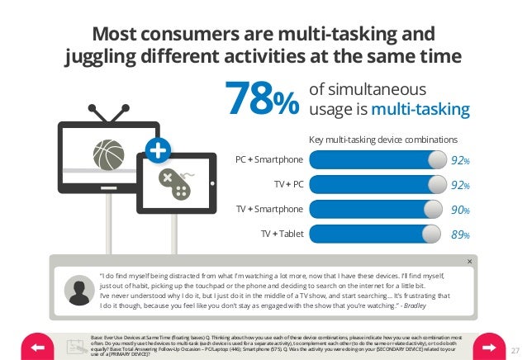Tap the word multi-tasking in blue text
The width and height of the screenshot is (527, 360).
pos(420,110)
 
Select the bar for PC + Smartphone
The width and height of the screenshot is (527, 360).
pos(376,160)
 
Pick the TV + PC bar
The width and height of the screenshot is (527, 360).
pos(376,185)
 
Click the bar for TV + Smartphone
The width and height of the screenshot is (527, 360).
pos(376,210)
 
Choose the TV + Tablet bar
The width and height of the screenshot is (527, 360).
pos(376,234)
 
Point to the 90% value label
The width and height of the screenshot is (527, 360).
pos(460,211)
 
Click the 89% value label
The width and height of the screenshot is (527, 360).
pos(460,235)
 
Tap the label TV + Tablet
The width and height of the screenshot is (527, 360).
pos(282,234)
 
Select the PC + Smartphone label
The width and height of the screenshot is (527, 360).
pos(268,160)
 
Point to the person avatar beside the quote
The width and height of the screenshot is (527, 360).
pos(78,291)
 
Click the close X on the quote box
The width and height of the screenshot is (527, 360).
pos(470,262)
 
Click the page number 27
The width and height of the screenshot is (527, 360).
pos(516,349)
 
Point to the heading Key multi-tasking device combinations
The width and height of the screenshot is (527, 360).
pos(382,140)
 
